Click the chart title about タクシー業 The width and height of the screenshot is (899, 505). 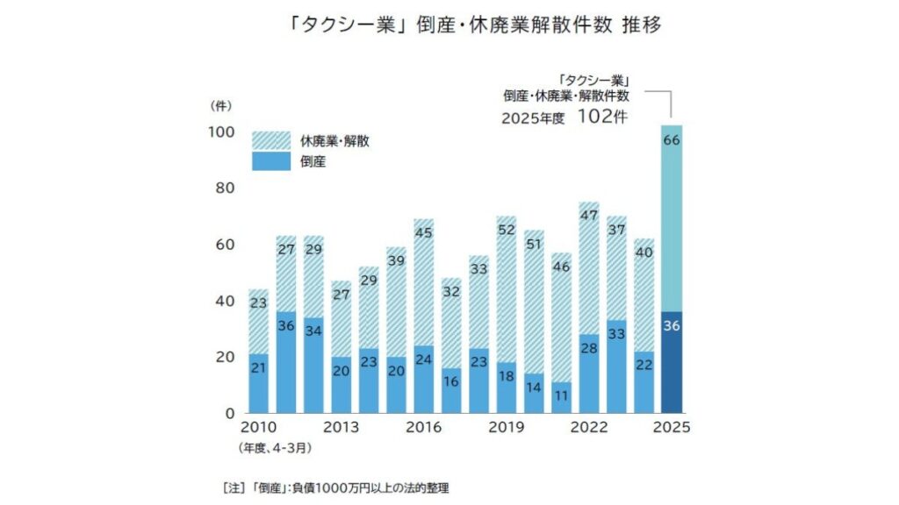point(449,25)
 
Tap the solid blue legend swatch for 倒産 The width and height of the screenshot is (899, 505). point(270,161)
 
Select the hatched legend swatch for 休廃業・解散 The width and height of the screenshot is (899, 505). point(270,140)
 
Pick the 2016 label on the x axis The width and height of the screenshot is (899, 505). point(423,428)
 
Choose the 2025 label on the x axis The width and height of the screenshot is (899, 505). point(672,428)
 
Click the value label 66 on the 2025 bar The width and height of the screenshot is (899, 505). point(672,141)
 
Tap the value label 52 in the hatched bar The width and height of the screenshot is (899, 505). point(507,230)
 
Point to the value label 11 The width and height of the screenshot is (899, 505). point(561,395)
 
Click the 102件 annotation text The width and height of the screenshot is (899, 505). point(603,116)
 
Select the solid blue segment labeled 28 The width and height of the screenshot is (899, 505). point(589,373)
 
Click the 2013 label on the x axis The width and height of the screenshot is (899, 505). point(342,428)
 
